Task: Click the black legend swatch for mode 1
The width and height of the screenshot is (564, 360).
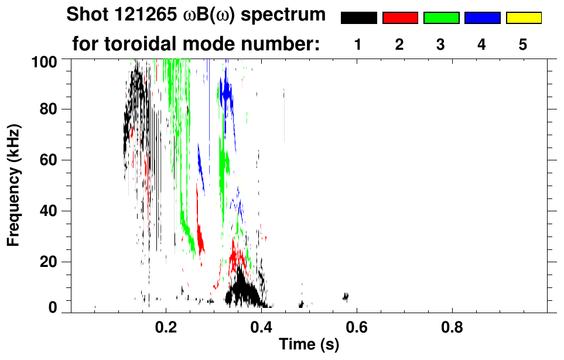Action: (x=358, y=18)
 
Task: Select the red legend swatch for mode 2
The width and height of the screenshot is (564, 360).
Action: (x=400, y=18)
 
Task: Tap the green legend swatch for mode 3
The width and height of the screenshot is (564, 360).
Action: (x=441, y=18)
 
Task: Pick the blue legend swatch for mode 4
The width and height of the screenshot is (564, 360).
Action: (x=482, y=18)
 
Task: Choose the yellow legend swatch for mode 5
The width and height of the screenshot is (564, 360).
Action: (x=523, y=18)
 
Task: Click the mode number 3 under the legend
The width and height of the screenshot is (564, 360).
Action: (x=441, y=44)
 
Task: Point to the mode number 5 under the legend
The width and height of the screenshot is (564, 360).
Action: (x=523, y=44)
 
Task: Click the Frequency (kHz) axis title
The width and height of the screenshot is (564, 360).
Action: (x=13, y=185)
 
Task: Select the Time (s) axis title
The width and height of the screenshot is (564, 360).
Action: (x=309, y=344)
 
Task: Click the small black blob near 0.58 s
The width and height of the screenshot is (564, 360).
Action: (x=346, y=297)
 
